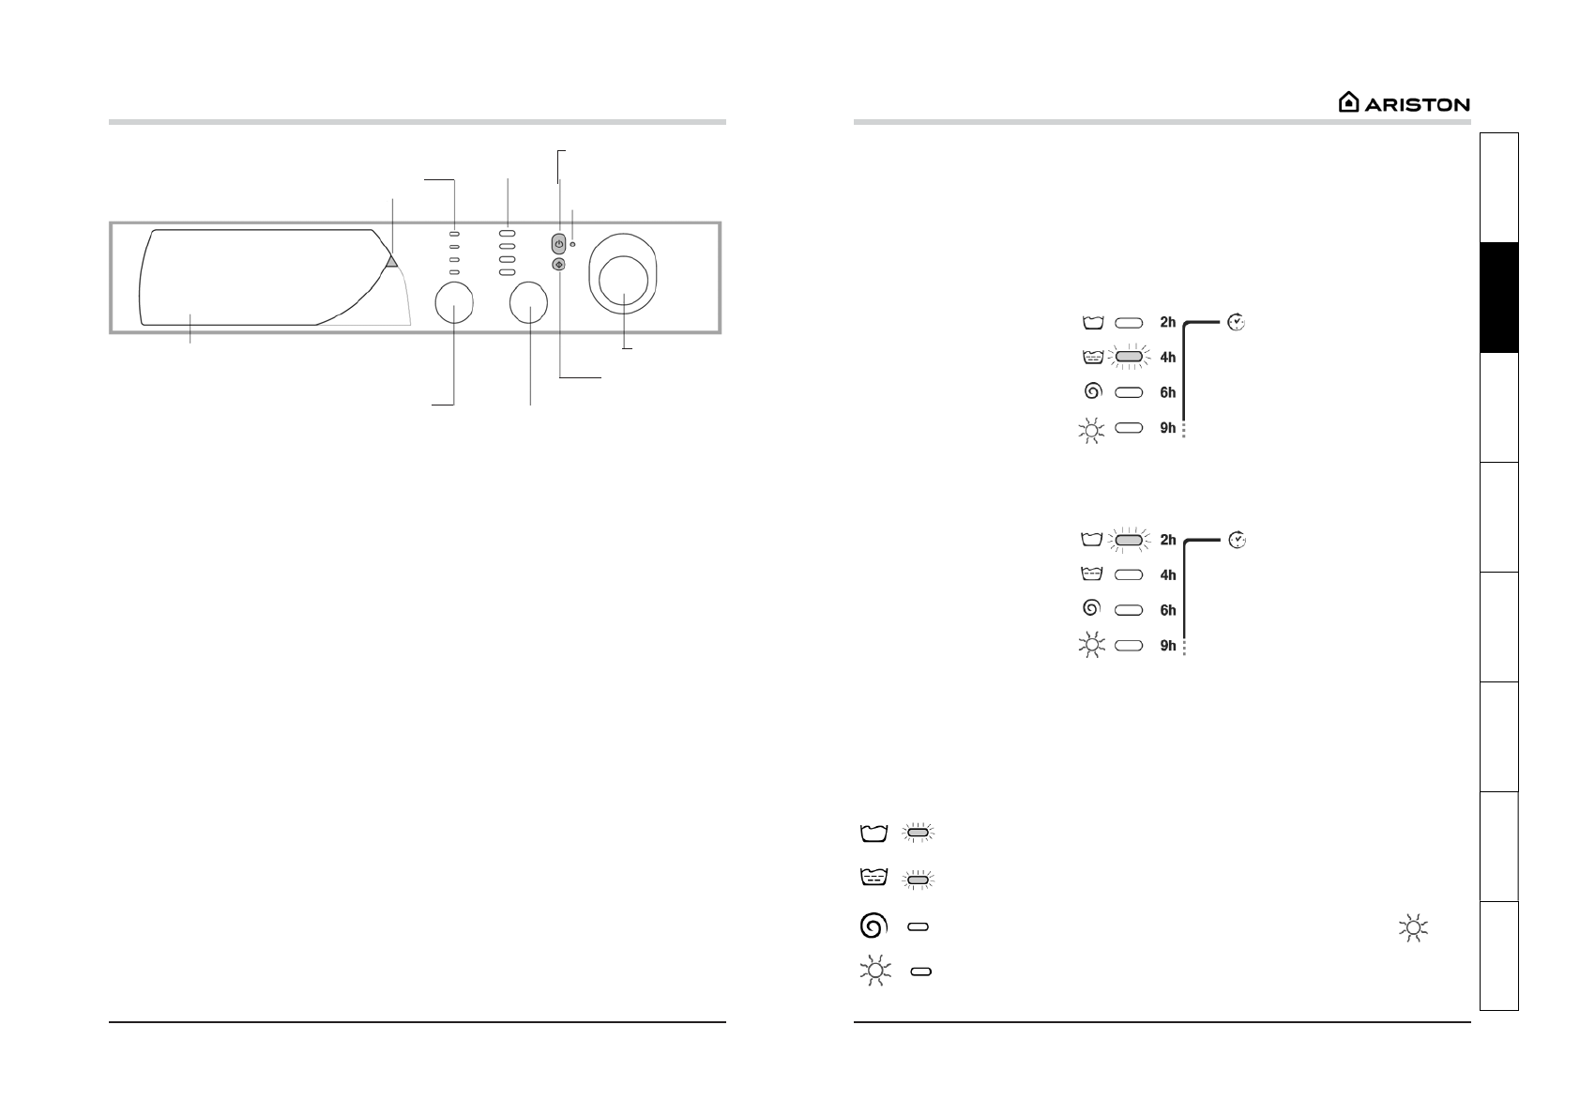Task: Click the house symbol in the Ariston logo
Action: pos(1348,102)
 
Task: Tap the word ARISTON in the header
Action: pos(1417,105)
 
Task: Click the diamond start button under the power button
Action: pos(558,265)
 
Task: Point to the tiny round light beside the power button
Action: pos(572,244)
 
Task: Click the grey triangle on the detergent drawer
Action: pos(392,262)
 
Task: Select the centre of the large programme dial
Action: pos(624,280)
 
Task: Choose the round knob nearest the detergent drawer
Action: pos(454,302)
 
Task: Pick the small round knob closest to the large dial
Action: pos(528,302)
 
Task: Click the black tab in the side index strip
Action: pos(1499,298)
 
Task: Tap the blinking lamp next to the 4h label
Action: pos(1129,358)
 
